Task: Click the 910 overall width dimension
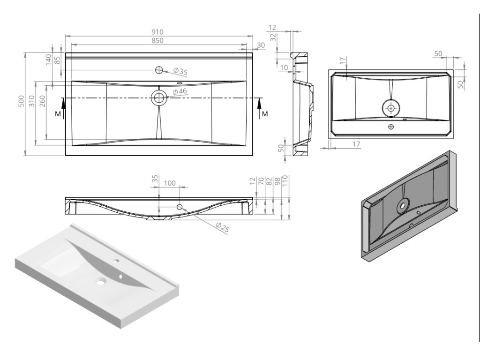tap(157, 32)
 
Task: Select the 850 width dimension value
tap(157, 41)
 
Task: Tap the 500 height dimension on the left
tap(21, 103)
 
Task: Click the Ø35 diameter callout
tap(180, 72)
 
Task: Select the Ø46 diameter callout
tap(180, 91)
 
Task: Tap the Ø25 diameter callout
tap(222, 228)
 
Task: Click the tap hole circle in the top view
tap(159, 70)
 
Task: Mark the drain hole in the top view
tap(158, 98)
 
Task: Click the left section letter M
tap(58, 114)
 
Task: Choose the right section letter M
tap(265, 114)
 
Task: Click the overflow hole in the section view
tap(180, 207)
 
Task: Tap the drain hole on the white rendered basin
tap(100, 282)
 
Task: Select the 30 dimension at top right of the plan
tap(261, 45)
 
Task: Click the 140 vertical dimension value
tap(48, 60)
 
